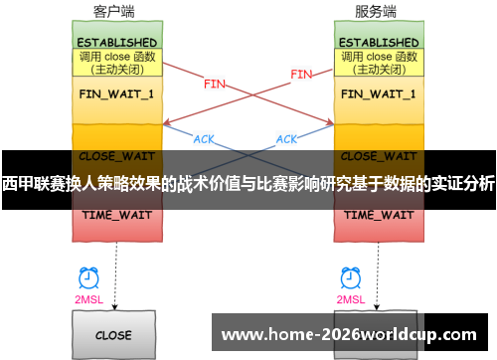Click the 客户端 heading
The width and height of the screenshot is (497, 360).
click(x=115, y=12)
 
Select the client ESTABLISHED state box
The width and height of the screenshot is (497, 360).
click(x=116, y=43)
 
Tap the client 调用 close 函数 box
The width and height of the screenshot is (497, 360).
click(x=116, y=64)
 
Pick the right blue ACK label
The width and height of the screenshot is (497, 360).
click(x=287, y=139)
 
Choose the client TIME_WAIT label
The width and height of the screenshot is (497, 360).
click(x=116, y=215)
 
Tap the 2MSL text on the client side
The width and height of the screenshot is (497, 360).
click(x=88, y=299)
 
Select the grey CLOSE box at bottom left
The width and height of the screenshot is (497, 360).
click(x=115, y=334)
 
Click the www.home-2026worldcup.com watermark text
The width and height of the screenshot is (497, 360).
click(x=347, y=334)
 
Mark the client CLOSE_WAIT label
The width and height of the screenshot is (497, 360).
click(x=116, y=156)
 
